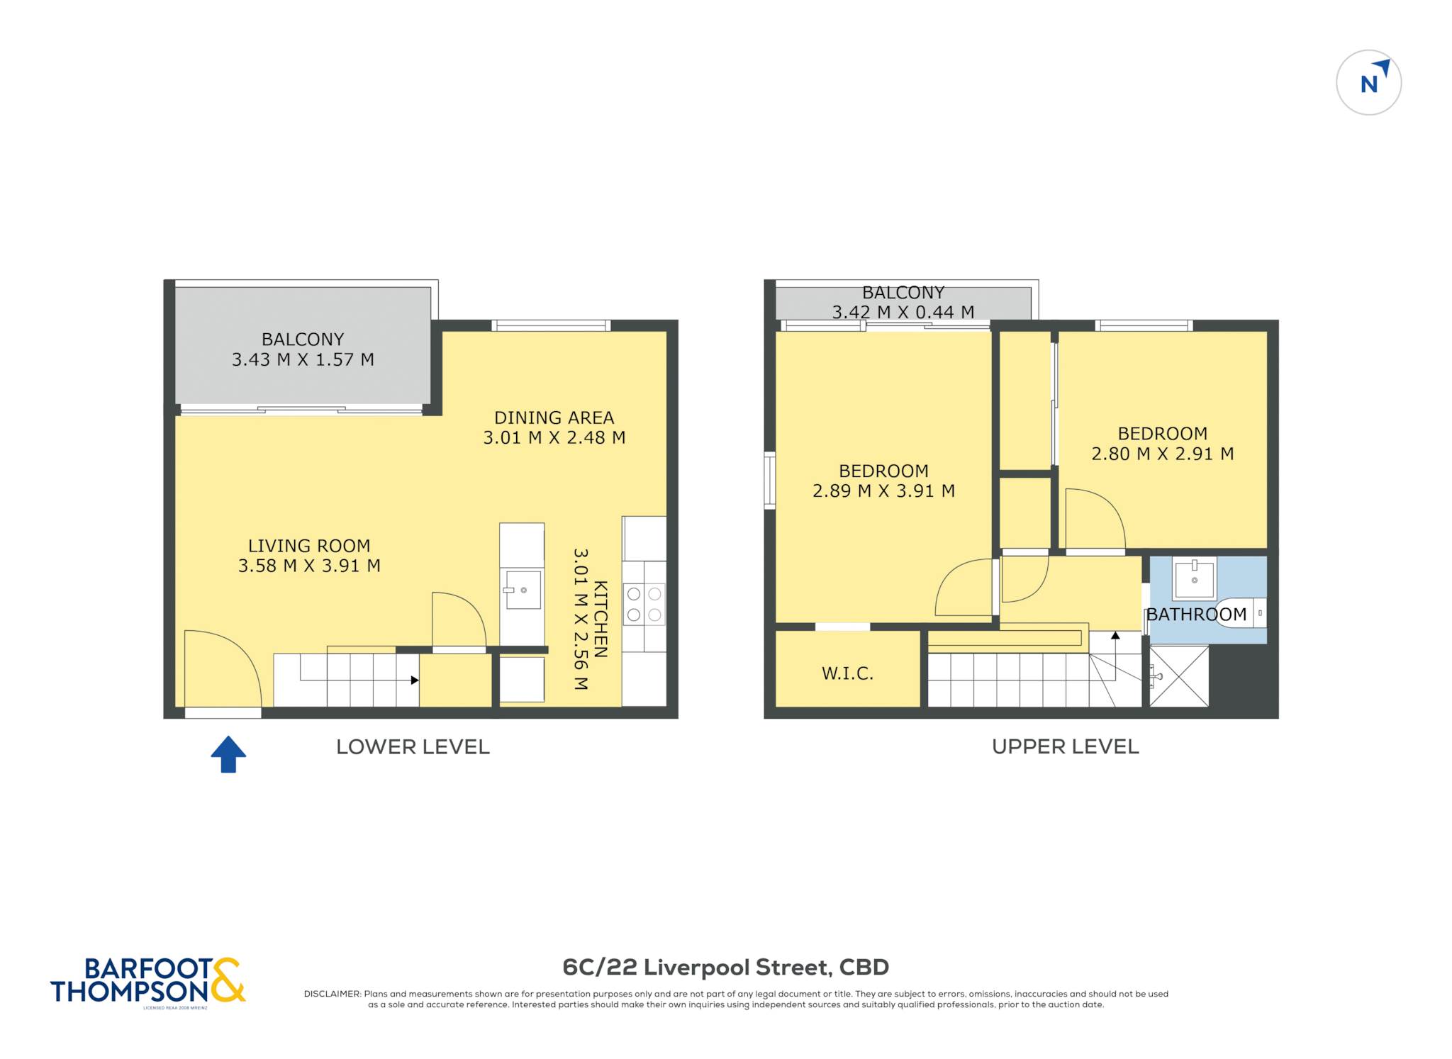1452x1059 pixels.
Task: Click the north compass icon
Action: (1368, 82)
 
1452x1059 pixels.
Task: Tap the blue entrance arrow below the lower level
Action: (228, 753)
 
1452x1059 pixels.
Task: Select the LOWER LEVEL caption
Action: (413, 746)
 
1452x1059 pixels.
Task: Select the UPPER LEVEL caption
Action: (1065, 746)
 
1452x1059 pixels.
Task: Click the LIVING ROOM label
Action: (309, 546)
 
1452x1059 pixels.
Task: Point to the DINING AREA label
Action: (554, 418)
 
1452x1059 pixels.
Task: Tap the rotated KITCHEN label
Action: (601, 619)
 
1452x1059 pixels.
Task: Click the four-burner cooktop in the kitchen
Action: (644, 604)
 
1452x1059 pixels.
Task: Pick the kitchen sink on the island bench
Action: (522, 590)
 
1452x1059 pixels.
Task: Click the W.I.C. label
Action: (847, 673)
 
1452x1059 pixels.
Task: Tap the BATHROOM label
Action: (1197, 615)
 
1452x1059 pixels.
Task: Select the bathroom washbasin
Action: (1195, 578)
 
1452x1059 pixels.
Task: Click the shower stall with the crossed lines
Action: (1179, 676)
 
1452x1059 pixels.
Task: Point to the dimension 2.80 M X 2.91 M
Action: (1163, 454)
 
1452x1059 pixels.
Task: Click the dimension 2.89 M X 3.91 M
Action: (883, 491)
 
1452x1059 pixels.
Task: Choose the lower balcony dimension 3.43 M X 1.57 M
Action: (303, 359)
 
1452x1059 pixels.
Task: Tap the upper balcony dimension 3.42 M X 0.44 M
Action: (903, 312)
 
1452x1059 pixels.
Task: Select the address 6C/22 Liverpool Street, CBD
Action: (725, 967)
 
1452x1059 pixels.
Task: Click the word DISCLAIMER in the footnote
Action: (332, 994)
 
